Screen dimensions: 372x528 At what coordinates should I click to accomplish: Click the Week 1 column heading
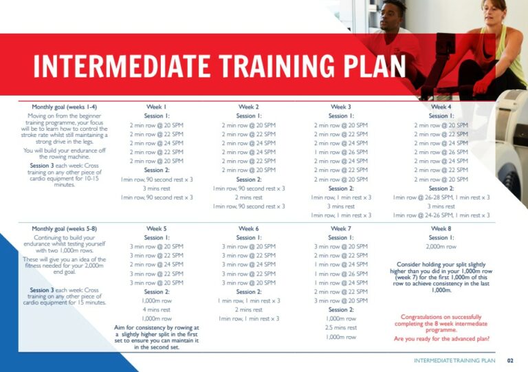coord(157,107)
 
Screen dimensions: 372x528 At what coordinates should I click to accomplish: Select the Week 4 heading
coord(440,107)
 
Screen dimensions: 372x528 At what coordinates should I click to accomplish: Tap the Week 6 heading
coord(248,228)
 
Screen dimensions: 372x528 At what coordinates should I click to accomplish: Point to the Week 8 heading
coord(440,228)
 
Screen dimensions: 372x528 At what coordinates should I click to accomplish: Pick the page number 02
coord(510,360)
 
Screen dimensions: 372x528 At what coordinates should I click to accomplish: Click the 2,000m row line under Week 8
coord(441,246)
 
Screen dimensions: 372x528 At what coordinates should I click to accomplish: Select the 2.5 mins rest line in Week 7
coord(340,328)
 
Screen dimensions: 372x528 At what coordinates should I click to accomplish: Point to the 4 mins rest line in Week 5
coord(157,309)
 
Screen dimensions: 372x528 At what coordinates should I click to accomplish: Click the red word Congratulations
coord(421,317)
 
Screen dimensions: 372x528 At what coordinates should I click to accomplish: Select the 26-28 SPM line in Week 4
coord(441,197)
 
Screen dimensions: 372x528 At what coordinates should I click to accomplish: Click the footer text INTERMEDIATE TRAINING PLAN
coord(454,360)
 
